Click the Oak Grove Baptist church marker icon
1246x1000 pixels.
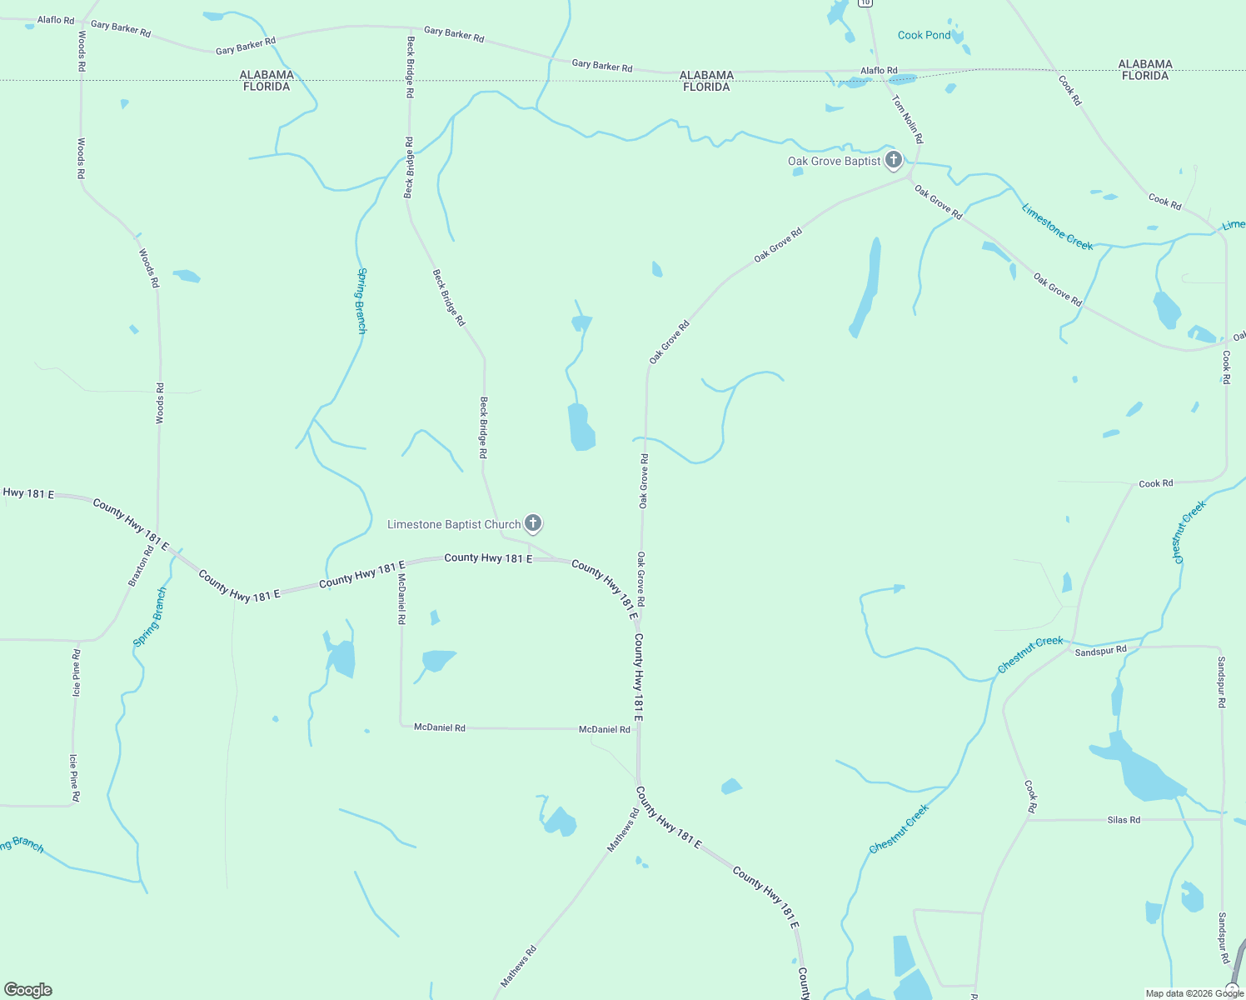pos(893,159)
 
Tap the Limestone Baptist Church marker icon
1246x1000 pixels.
pos(533,523)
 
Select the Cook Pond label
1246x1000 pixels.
pos(924,35)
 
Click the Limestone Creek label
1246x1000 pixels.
pos(1057,227)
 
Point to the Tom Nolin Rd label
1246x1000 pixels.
pos(907,119)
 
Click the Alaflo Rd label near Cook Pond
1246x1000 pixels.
pos(879,71)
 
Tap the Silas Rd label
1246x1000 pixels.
pos(1124,820)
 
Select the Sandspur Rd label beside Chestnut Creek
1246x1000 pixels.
pos(1100,651)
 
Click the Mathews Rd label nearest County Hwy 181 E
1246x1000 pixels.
pos(623,829)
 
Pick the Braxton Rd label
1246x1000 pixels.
pos(141,566)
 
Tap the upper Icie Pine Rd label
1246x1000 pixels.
pos(77,672)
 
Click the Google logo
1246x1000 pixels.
pos(28,989)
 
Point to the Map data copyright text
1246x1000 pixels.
pos(1194,993)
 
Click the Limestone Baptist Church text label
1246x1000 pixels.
pos(454,524)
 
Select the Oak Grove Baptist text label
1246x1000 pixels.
pos(834,161)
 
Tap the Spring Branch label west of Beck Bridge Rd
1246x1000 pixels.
pos(361,300)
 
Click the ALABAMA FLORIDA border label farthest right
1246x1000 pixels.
pos(1145,70)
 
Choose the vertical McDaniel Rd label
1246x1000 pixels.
pos(401,599)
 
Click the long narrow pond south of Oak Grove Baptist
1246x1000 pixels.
pos(866,287)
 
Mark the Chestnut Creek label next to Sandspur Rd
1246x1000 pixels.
pos(1030,654)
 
